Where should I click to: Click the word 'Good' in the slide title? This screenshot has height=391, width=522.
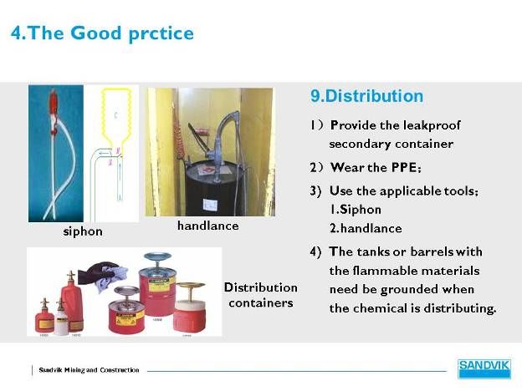click(x=96, y=33)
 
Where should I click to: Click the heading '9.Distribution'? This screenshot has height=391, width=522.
click(x=367, y=96)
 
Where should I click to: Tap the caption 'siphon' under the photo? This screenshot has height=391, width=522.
click(x=83, y=231)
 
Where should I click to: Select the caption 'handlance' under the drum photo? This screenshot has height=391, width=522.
click(x=208, y=226)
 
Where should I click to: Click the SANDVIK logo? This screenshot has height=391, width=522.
click(x=484, y=368)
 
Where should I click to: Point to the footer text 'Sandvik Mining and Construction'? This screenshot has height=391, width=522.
click(x=89, y=370)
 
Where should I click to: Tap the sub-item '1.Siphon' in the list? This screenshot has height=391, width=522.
click(x=356, y=210)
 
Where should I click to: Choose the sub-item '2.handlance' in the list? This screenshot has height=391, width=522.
click(x=366, y=228)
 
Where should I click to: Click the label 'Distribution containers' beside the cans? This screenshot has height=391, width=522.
click(x=261, y=295)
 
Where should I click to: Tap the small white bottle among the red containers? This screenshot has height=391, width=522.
click(x=61, y=318)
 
